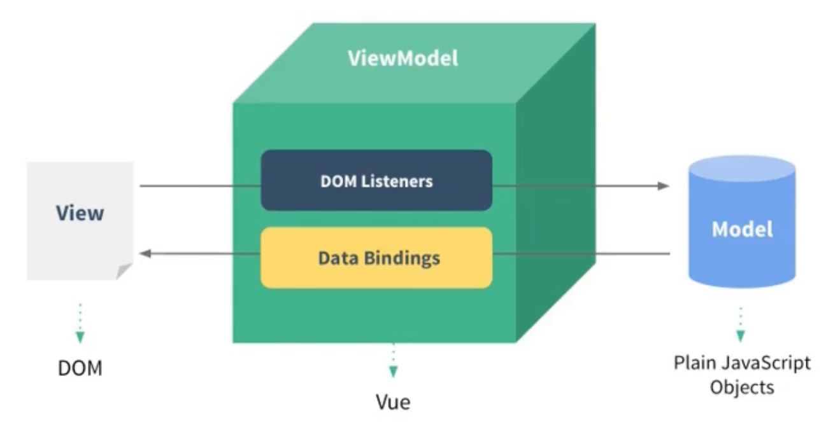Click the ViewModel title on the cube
(402, 59)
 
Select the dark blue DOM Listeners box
(376, 180)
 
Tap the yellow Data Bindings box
(376, 258)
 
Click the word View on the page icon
(80, 212)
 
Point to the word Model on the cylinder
(743, 229)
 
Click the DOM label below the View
(80, 368)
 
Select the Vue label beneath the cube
(393, 402)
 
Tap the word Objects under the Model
(743, 387)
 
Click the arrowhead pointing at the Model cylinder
(664, 186)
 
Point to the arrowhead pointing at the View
(146, 253)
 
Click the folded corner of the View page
(124, 272)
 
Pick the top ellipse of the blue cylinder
(743, 168)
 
